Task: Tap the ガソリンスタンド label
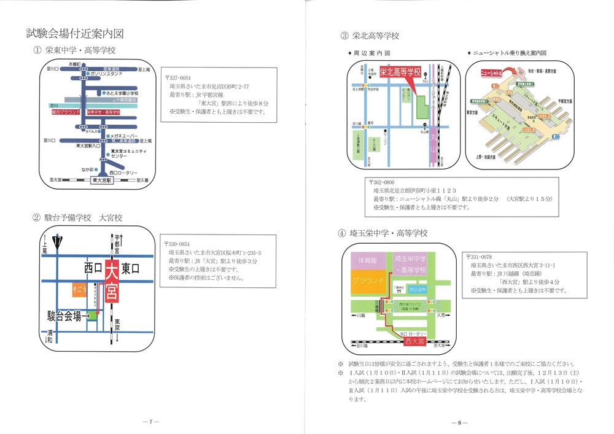coord(113,74)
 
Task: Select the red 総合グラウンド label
coord(67,112)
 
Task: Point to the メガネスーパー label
coord(125,136)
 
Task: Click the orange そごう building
coord(79,288)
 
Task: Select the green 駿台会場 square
coord(92,316)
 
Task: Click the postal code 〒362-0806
coord(382,182)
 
